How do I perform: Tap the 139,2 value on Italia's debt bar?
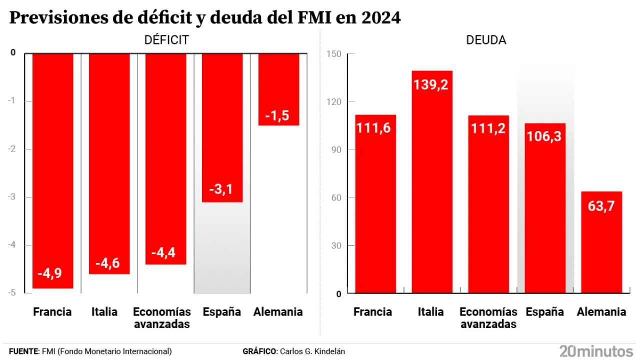pos(430,84)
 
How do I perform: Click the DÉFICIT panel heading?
pos(166,40)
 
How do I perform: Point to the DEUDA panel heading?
pos(486,40)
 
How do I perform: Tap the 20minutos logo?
pos(595,350)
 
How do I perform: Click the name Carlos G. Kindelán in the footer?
pos(312,351)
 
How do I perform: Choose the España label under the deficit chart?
pos(221,312)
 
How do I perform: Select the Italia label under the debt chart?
pos(430,312)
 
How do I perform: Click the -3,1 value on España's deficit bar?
pos(221,189)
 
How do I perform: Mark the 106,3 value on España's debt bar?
pos(545,136)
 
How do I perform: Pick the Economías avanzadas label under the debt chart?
pos(488,318)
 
